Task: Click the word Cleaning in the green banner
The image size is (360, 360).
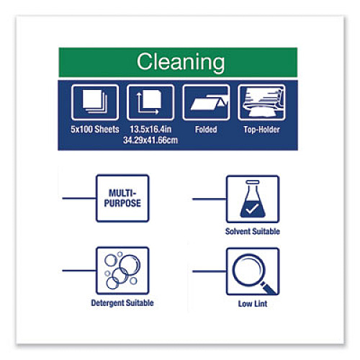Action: [x=181, y=62]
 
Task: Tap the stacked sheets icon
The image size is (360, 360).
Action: [x=95, y=102]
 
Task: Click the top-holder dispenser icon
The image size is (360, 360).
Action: [x=261, y=102]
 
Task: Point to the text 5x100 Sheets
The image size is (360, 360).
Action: [x=95, y=130]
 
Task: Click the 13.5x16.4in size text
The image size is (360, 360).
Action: [x=150, y=130]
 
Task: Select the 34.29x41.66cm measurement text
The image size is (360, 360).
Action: [x=150, y=140]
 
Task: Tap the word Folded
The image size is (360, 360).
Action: [x=206, y=130]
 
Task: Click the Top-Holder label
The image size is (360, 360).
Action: [x=261, y=130]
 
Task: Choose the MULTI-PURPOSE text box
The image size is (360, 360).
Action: [x=122, y=198]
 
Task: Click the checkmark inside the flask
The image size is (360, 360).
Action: [x=253, y=208]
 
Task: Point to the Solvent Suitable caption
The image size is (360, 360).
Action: [x=253, y=231]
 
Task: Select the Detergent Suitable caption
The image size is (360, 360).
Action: [x=122, y=303]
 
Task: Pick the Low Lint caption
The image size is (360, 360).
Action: [x=253, y=304]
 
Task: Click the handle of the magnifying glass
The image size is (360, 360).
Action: [x=269, y=288]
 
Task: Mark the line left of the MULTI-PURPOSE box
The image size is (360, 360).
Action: [x=79, y=198]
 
